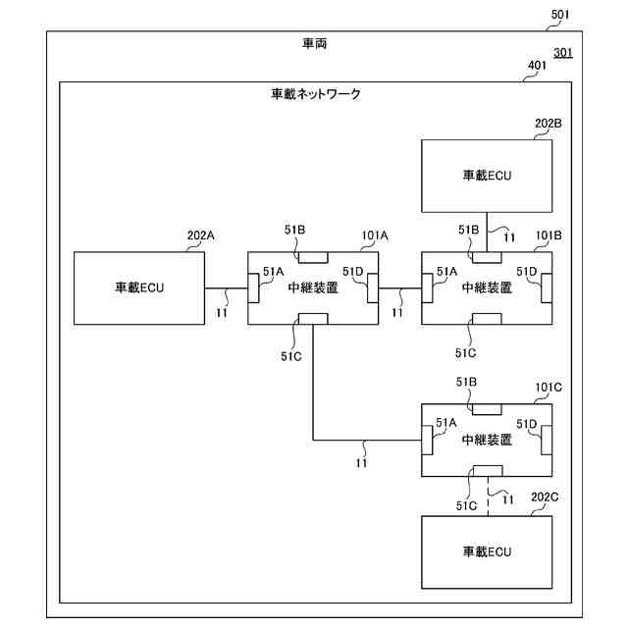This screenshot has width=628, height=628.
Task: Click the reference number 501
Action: point(560,14)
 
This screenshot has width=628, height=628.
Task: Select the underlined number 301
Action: point(563,53)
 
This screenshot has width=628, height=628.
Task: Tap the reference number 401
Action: point(538,67)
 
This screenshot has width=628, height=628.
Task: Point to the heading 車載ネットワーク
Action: point(316,95)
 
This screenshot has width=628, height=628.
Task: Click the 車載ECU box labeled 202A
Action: point(139,288)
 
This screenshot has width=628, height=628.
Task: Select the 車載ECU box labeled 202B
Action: point(487,176)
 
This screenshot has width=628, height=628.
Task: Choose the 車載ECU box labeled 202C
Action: point(487,550)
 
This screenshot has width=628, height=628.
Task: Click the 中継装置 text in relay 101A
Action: point(313,288)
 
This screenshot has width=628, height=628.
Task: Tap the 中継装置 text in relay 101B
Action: point(487,288)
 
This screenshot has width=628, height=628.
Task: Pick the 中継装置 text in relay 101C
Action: point(487,440)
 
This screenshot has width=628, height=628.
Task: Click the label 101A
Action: point(375,235)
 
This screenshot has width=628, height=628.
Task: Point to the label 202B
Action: point(549,124)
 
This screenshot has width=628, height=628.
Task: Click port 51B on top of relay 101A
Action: point(313,257)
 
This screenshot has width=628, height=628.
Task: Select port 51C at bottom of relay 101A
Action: point(313,318)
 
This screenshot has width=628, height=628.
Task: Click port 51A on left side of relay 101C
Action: point(426,440)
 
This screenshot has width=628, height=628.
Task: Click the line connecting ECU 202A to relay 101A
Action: point(226,288)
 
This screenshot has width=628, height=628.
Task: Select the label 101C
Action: point(549,388)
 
